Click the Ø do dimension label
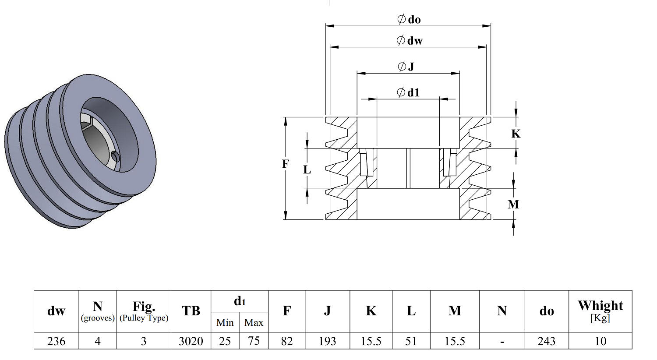[409, 19]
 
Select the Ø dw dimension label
[410, 40]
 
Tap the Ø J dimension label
[406, 67]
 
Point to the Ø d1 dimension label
[408, 93]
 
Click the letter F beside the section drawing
[286, 164]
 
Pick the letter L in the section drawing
[307, 170]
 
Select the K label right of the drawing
[516, 134]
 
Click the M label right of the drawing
[513, 204]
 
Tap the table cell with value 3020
[191, 341]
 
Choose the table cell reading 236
[57, 341]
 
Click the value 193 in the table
[327, 341]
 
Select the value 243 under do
[547, 341]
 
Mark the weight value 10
[600, 341]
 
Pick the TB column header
[191, 311]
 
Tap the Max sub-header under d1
[254, 322]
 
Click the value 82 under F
[286, 341]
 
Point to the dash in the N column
[502, 342]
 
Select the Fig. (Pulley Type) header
[144, 311]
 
